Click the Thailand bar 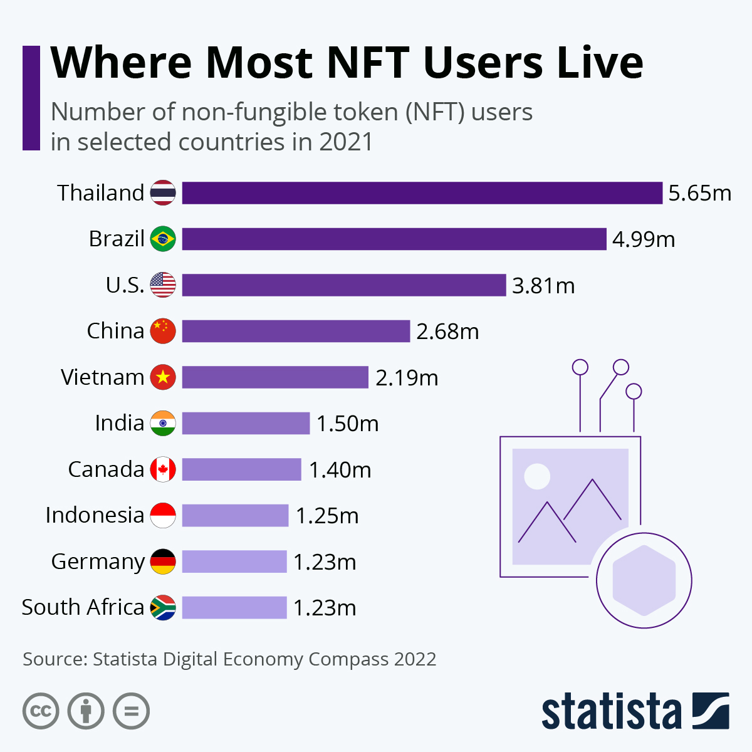tap(422, 193)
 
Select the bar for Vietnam tap(275, 377)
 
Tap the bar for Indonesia tap(235, 515)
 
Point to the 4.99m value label tap(644, 239)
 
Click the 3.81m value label tap(543, 286)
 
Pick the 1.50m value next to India tap(347, 424)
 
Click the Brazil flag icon tap(163, 239)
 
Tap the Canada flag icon tap(163, 469)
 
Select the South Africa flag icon tap(163, 607)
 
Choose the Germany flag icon tap(163, 561)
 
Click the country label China tap(115, 331)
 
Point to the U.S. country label tap(125, 285)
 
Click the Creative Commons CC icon tap(41, 711)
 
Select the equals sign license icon tap(131, 711)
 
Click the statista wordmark tap(611, 712)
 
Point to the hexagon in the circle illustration tap(644, 580)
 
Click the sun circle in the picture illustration tap(537, 476)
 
